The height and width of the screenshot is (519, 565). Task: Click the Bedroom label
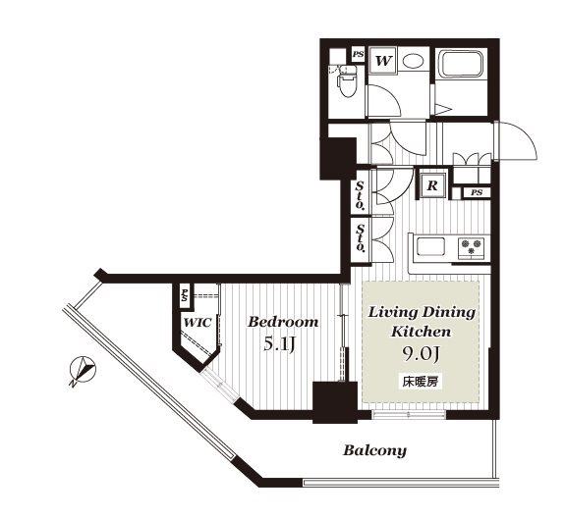tap(283, 322)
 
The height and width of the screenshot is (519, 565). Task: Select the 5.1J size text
tap(280, 344)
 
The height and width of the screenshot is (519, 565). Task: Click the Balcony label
tap(374, 450)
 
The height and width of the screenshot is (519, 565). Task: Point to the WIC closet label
tap(198, 323)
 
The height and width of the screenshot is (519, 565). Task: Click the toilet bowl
tap(348, 82)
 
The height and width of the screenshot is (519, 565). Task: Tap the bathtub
tap(460, 64)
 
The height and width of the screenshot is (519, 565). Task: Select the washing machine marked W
tap(382, 61)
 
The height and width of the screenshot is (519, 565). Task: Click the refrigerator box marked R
tap(432, 185)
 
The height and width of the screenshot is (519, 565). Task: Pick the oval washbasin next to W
tap(413, 61)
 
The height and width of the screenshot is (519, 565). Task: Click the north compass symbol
tap(83, 371)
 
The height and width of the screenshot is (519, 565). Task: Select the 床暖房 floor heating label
tap(421, 382)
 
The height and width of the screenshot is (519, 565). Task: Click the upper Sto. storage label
tap(360, 195)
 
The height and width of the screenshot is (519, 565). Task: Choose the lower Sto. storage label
tap(360, 237)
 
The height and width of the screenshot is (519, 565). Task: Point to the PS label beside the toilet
tap(358, 55)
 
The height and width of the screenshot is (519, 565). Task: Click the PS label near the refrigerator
tap(477, 192)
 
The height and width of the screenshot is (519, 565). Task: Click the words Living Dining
tap(422, 312)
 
